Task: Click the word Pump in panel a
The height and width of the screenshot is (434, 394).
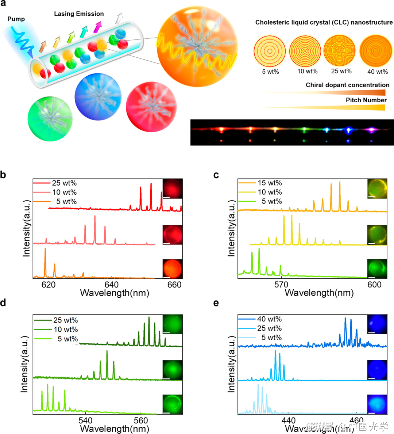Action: click(16, 19)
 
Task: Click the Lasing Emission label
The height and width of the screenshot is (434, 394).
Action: click(79, 14)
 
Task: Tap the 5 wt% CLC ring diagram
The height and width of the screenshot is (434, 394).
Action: click(270, 52)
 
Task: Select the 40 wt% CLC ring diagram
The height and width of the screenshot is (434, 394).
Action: click(376, 52)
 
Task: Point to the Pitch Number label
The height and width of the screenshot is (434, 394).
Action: click(366, 100)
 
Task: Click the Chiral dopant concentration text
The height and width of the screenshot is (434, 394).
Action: click(347, 85)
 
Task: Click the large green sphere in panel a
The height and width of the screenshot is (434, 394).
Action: click(50, 118)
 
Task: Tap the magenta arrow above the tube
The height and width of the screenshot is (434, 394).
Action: click(97, 27)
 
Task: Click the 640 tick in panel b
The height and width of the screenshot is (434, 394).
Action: click(111, 285)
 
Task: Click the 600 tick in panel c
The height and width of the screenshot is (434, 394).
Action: click(374, 285)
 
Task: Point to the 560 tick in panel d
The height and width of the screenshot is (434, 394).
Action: click(141, 420)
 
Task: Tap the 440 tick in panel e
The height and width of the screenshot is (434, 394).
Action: click(288, 420)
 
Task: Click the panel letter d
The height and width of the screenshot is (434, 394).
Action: click(3, 303)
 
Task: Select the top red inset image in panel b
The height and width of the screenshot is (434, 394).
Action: click(173, 189)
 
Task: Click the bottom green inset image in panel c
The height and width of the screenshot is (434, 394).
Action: click(377, 269)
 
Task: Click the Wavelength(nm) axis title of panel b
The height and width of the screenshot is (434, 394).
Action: click(114, 293)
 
